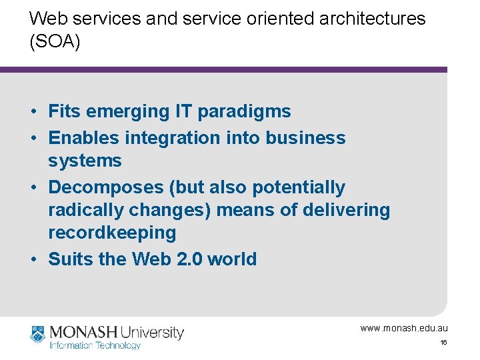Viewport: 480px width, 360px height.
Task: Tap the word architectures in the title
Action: [373, 18]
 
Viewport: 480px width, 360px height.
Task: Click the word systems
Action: [85, 161]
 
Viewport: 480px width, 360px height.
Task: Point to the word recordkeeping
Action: [113, 233]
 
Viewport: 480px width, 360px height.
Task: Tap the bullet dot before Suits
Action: [32, 259]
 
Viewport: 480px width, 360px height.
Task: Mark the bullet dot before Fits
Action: [32, 111]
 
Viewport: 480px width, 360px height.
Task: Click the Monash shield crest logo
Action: [38, 334]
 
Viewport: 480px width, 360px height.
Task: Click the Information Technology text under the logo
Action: [95, 345]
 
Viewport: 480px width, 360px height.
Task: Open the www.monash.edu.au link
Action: [404, 328]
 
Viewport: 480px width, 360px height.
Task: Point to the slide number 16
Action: [443, 343]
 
